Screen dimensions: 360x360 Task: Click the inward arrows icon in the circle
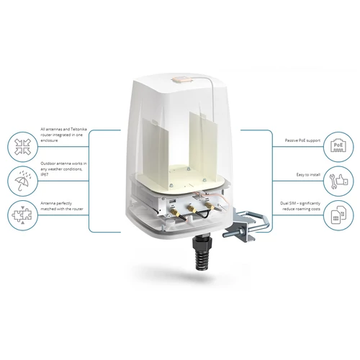click(19, 144)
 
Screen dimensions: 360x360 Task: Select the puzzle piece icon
click(19, 215)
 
